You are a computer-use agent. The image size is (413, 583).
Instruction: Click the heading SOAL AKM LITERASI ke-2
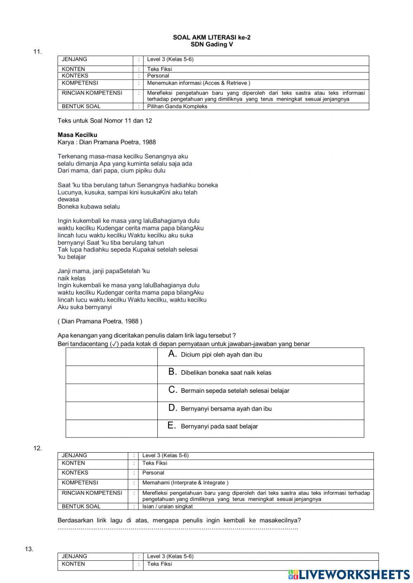pos(211,38)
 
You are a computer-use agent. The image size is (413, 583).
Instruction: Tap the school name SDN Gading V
pos(211,45)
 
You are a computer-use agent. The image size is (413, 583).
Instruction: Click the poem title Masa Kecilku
pos(77,135)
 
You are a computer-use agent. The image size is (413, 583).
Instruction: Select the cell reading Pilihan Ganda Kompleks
pos(177,106)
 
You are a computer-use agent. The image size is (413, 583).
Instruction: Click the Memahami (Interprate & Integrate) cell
pos(185,483)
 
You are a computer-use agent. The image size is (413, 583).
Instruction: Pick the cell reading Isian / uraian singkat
pos(167,506)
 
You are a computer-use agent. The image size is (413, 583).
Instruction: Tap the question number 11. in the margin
pos(38,52)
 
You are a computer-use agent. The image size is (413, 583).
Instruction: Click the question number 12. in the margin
pos(38,448)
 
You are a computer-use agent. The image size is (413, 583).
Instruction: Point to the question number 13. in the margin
pos(29,549)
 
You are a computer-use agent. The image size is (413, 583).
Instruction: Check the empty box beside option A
pos(112,356)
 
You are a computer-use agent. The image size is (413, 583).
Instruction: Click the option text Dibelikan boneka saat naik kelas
pos(226,373)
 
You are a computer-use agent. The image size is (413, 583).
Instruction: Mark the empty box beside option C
pos(112,393)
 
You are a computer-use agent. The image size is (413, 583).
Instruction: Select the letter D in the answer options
pos(173,408)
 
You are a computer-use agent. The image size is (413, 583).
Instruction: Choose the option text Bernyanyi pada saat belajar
pos(219,427)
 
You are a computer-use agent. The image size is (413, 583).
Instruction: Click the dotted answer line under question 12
pos(178,528)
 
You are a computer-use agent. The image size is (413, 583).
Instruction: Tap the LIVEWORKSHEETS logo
pos(349,574)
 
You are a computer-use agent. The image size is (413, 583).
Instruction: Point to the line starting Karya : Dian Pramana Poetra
pos(107,142)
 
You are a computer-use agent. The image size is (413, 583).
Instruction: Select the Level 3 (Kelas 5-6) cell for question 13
pos(170,556)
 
